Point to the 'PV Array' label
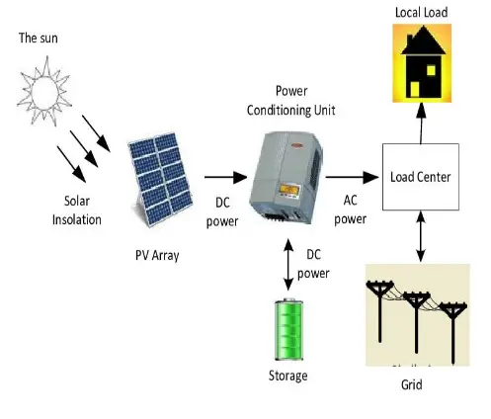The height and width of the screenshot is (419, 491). pyautogui.click(x=158, y=254)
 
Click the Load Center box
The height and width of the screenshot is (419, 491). pyautogui.click(x=420, y=178)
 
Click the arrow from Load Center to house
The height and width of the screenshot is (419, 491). pyautogui.click(x=422, y=123)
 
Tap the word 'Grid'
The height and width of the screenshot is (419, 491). pyautogui.click(x=412, y=384)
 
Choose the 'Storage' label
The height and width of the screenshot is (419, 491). pyautogui.click(x=287, y=376)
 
